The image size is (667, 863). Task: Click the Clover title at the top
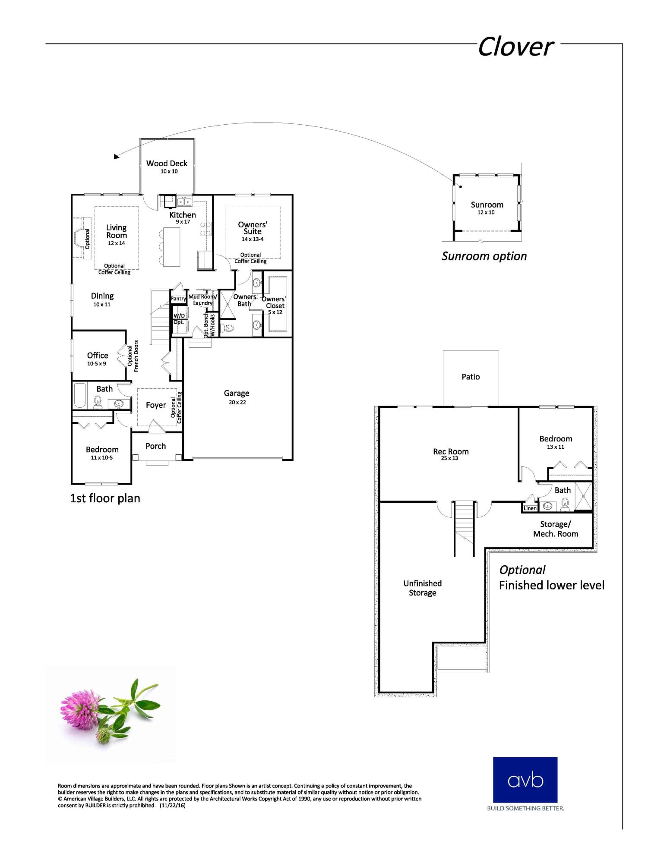pyautogui.click(x=515, y=47)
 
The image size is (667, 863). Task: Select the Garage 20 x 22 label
pyautogui.click(x=237, y=397)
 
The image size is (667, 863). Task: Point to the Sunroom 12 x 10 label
pyautogui.click(x=487, y=208)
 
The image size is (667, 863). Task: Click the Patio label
pyautogui.click(x=471, y=377)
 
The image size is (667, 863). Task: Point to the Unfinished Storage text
pyautogui.click(x=422, y=588)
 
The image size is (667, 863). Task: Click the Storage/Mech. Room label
pyautogui.click(x=555, y=529)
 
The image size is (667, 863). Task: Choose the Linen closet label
pyautogui.click(x=530, y=508)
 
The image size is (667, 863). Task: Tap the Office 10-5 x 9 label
pyautogui.click(x=97, y=358)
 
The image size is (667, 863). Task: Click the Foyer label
pyautogui.click(x=155, y=405)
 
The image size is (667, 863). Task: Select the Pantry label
pyautogui.click(x=178, y=299)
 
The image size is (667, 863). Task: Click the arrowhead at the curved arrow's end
pyautogui.click(x=116, y=157)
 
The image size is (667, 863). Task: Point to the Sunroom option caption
pyautogui.click(x=484, y=256)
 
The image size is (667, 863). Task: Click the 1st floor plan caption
pyautogui.click(x=105, y=498)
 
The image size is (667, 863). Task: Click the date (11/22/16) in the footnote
pyautogui.click(x=172, y=806)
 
